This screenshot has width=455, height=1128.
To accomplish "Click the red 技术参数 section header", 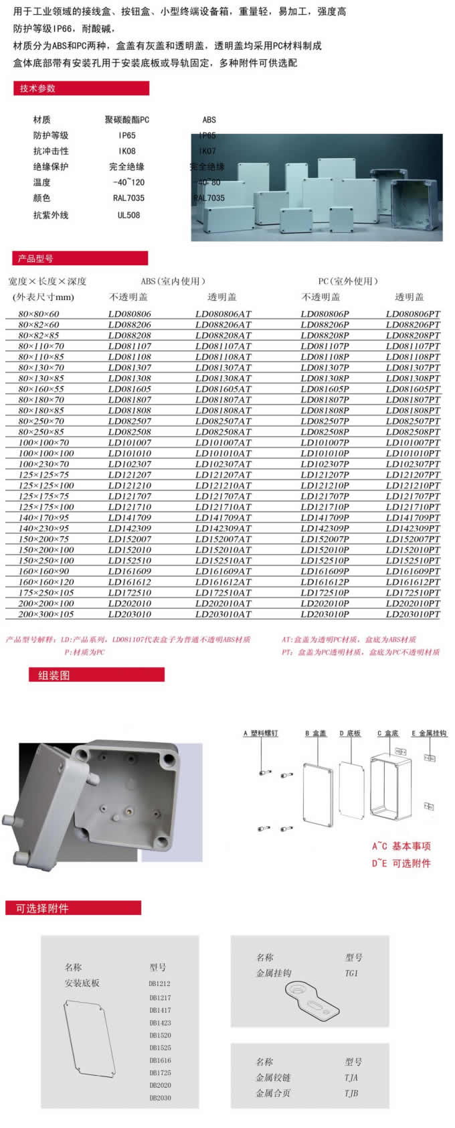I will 80,88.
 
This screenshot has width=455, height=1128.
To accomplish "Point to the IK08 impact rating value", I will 127,151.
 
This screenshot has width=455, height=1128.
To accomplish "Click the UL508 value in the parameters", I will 128,215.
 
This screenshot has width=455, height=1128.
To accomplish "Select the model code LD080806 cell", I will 130,313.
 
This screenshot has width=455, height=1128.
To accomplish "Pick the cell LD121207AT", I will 223,474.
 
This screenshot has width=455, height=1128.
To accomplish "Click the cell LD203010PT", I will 413,614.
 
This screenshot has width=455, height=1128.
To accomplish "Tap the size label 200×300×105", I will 46,614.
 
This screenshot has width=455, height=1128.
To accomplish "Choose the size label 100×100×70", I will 43,442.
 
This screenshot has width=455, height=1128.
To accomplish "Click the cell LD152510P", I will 325,560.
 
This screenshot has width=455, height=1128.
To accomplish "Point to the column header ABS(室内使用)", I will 173,281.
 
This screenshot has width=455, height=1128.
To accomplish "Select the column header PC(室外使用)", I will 349,281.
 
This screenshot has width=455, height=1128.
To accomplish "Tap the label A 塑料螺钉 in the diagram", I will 260,733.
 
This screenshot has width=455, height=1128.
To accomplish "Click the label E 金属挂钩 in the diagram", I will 429,733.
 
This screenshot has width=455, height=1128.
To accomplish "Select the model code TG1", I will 352,973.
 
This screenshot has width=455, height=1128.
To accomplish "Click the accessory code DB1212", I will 160,984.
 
